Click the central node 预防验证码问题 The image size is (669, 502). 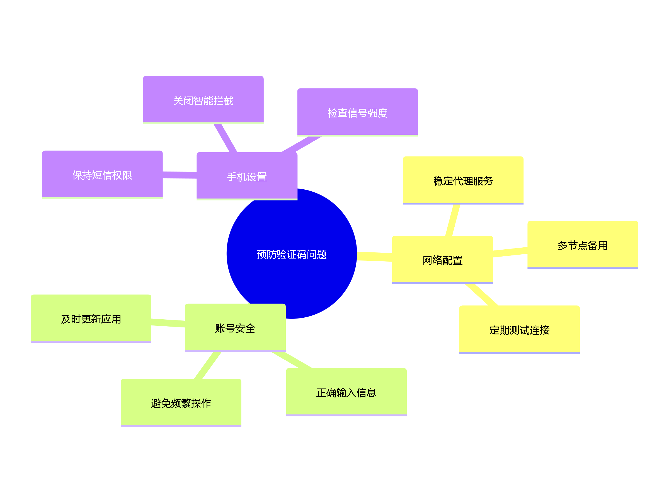292,254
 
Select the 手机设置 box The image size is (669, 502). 247,177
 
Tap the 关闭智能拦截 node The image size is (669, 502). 203,100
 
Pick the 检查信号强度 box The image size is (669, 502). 357,113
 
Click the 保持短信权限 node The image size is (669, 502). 102,175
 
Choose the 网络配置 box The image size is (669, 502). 442,260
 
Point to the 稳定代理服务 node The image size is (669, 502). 463,181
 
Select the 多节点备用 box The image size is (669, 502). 583,245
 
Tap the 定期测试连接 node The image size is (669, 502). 519,330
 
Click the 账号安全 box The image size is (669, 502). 235,328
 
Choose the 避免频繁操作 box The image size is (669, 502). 181,403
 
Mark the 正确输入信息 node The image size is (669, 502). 346,392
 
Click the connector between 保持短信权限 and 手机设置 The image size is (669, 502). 180,175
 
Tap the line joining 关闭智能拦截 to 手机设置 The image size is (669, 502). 225,138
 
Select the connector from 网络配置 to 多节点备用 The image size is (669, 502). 510,252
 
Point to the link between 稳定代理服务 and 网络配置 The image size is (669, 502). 453,220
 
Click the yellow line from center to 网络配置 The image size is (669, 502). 374,256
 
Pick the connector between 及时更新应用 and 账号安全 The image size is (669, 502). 168,323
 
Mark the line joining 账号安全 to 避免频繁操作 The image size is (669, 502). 208,365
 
